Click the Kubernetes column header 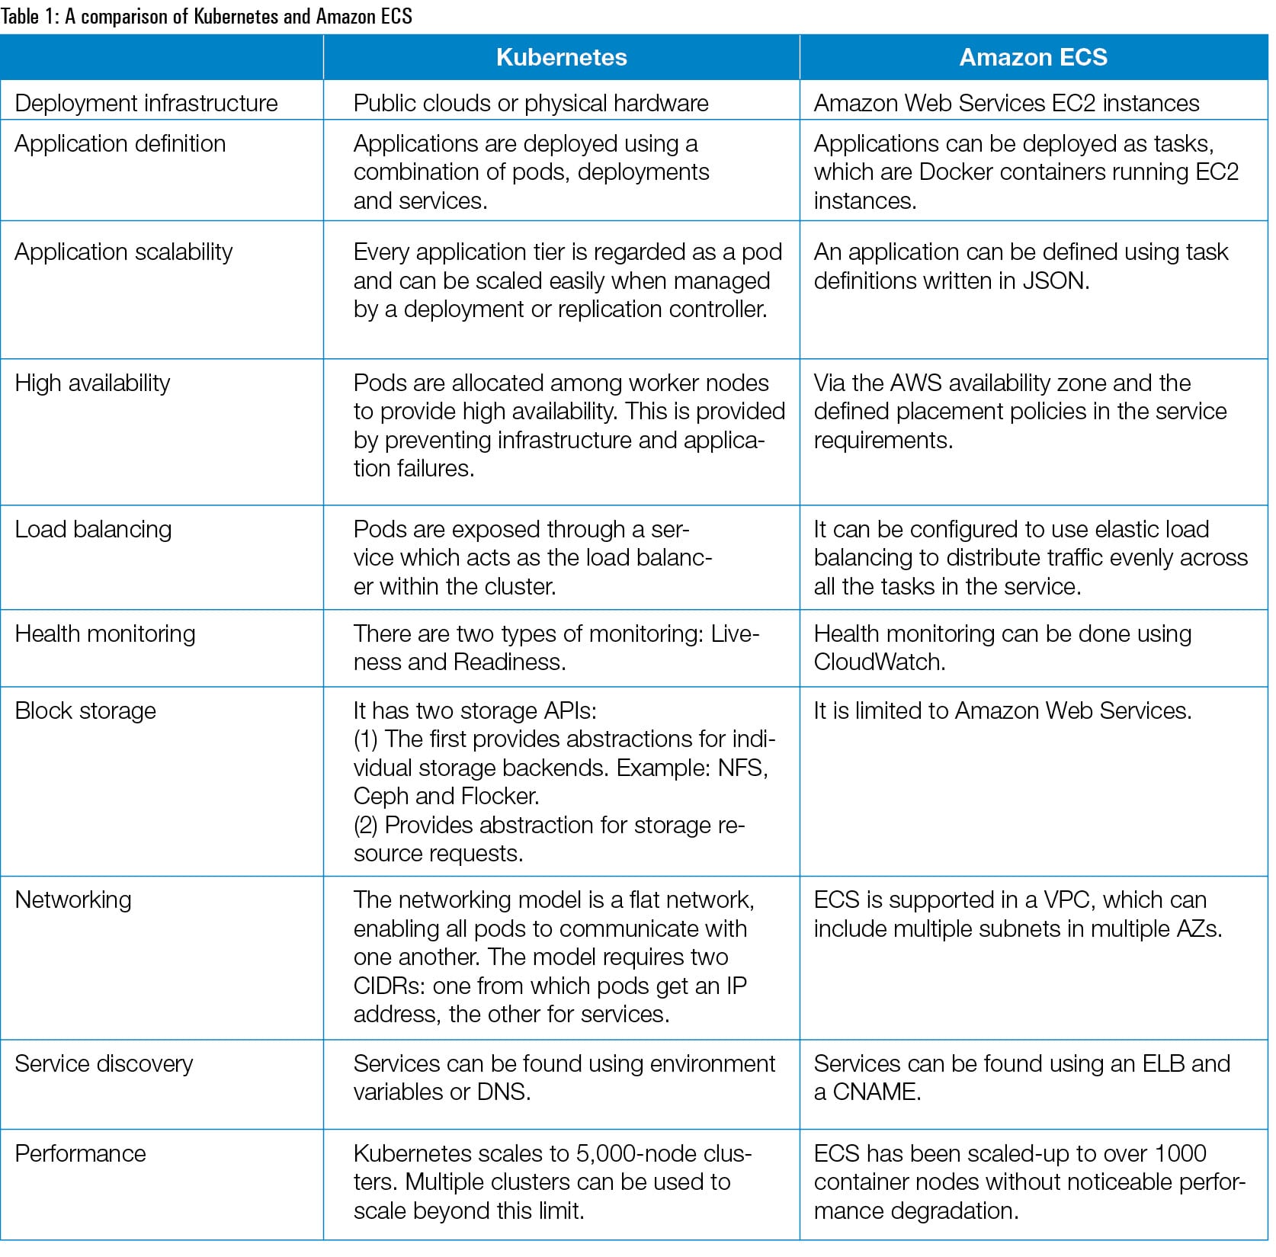pyautogui.click(x=561, y=57)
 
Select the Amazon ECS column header pyautogui.click(x=1033, y=57)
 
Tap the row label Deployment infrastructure pyautogui.click(x=146, y=103)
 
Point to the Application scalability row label pyautogui.click(x=123, y=252)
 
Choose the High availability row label pyautogui.click(x=92, y=383)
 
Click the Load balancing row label pyautogui.click(x=93, y=529)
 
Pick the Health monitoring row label pyautogui.click(x=105, y=633)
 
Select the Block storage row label pyautogui.click(x=85, y=710)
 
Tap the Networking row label pyautogui.click(x=73, y=899)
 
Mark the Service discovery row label pyautogui.click(x=104, y=1063)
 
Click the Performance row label pyautogui.click(x=80, y=1153)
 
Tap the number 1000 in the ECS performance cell pyautogui.click(x=1180, y=1153)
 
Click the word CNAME pyautogui.click(x=877, y=1092)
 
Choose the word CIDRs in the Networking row pyautogui.click(x=389, y=986)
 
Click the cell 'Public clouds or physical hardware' pyautogui.click(x=531, y=103)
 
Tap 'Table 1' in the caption pyautogui.click(x=29, y=17)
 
